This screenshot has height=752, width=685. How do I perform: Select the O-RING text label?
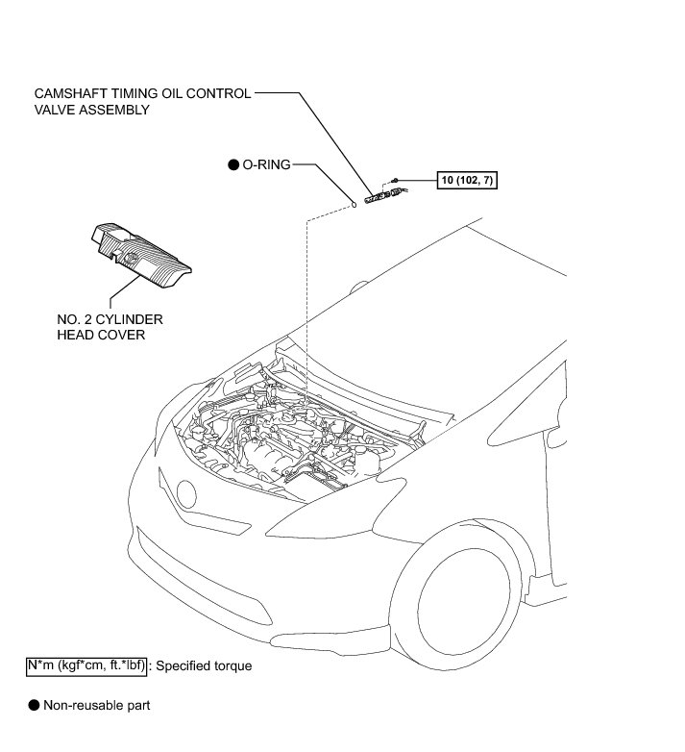[265, 165]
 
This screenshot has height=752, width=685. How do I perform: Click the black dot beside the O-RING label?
[232, 165]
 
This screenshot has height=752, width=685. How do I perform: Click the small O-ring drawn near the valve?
[354, 203]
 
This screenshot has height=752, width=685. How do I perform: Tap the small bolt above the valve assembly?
[394, 180]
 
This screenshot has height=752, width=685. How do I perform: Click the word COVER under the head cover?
[124, 337]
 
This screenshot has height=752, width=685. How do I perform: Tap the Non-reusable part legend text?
[97, 705]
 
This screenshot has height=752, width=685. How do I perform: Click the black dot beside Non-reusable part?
[34, 705]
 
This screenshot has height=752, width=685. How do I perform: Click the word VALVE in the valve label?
[53, 110]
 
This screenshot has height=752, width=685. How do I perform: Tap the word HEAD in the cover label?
[76, 337]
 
